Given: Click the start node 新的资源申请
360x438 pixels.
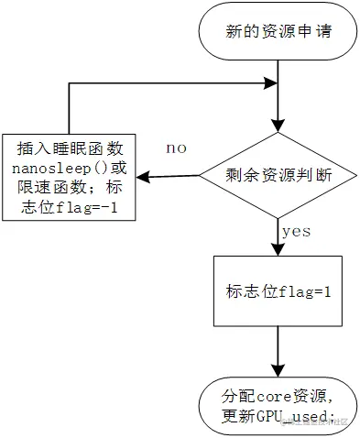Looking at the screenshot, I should click(277, 32).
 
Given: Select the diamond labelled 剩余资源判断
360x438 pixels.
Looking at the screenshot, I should click(277, 174).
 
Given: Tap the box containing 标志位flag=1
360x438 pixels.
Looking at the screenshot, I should click(277, 291).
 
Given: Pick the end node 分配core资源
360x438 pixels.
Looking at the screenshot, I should click(277, 405).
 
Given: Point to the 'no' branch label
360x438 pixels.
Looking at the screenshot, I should click(177, 148).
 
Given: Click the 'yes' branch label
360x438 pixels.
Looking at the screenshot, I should click(297, 232).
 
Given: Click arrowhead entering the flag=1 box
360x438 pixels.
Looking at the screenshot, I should click(277, 250).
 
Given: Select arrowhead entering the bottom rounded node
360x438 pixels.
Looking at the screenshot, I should click(277, 369).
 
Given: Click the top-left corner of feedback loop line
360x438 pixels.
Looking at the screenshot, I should click(69, 85).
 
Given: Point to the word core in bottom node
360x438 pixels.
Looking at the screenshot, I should click(272, 397).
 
